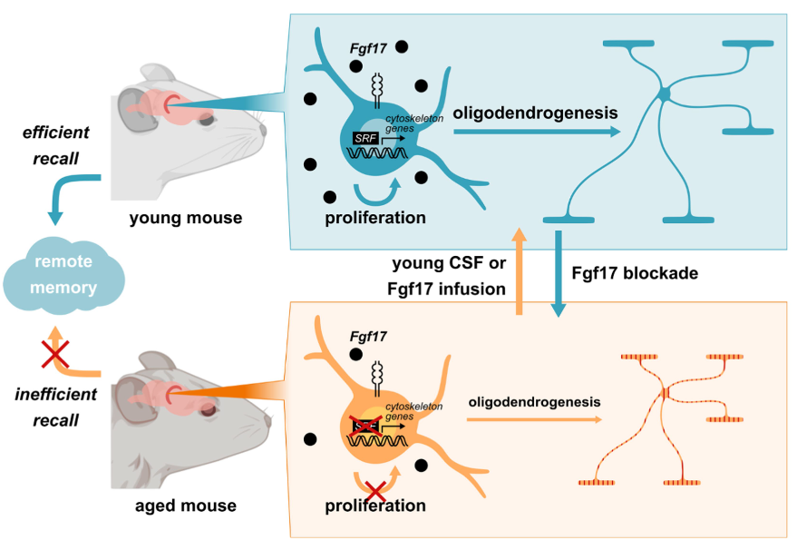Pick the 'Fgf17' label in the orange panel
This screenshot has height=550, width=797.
(x=369, y=336)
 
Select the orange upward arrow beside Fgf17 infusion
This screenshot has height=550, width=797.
(x=519, y=272)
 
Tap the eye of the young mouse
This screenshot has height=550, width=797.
(x=206, y=119)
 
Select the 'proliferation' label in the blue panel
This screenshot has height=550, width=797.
(x=374, y=218)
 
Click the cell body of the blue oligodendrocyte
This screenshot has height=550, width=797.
(x=664, y=93)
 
